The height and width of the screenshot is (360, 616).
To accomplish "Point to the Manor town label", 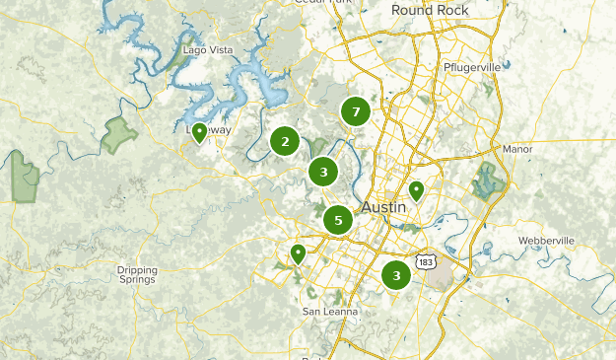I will (x=516, y=149).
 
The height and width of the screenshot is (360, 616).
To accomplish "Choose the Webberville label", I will (x=546, y=242).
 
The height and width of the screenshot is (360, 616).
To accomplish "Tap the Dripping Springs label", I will (x=137, y=274).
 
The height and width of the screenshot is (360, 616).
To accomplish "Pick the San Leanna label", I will (x=330, y=312).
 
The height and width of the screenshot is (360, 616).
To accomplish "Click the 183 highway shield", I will (x=425, y=260).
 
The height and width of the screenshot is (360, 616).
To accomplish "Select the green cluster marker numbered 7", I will (x=356, y=111).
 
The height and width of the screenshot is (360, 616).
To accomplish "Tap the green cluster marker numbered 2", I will (x=285, y=142).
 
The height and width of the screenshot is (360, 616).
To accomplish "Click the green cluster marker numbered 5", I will (x=338, y=220).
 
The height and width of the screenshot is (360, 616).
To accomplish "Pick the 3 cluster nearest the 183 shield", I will (x=396, y=274).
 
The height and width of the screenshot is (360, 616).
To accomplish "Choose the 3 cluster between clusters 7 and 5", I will (x=323, y=173).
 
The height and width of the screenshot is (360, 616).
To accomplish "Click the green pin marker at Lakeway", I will (x=199, y=132).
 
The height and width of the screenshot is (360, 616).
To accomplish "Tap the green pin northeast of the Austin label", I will (x=417, y=190).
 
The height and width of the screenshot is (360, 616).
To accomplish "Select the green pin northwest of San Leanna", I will (x=298, y=254).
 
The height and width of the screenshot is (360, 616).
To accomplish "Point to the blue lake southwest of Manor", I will (x=487, y=180).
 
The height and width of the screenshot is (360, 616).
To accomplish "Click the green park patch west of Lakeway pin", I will (x=119, y=134).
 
